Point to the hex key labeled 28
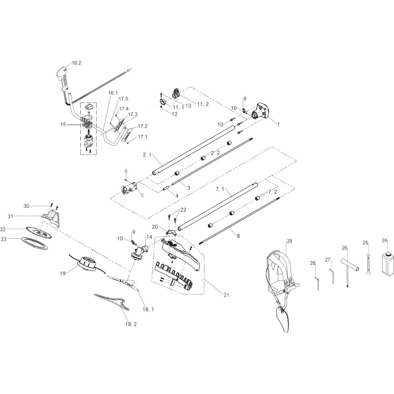pos(317,283)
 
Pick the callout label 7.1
pos(220,189)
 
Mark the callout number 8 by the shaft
pos(238,236)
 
